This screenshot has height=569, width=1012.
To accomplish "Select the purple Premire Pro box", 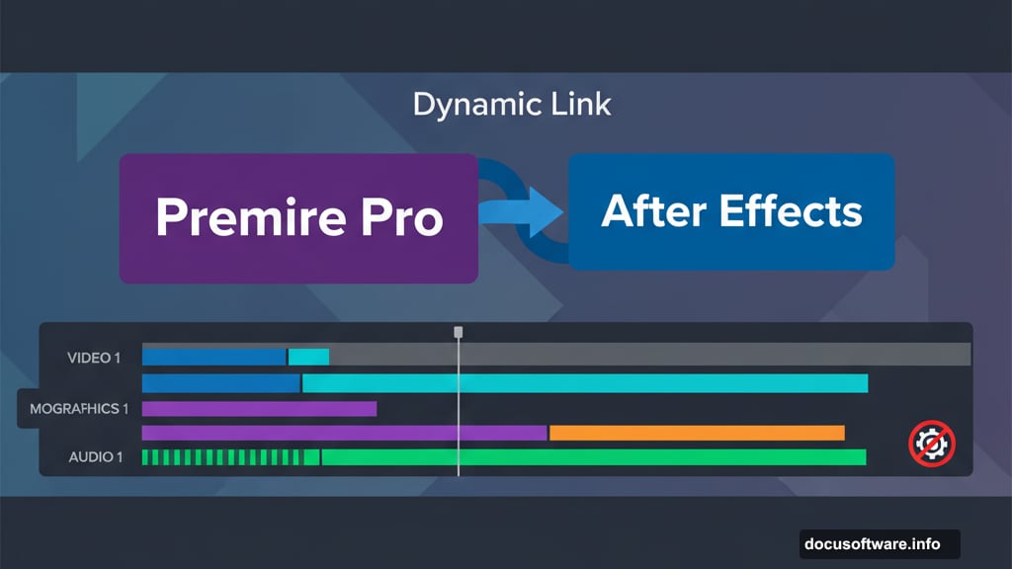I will click(298, 218).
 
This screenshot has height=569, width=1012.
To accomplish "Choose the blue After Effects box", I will click(731, 211).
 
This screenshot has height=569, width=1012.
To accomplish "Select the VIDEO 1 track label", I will click(94, 358).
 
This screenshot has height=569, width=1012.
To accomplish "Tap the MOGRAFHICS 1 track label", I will click(79, 408).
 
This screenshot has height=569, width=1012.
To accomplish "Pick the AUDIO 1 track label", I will click(96, 457).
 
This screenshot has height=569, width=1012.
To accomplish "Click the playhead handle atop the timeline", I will click(458, 333).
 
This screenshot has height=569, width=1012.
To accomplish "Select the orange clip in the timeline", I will click(697, 433).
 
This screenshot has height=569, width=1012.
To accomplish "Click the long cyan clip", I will click(584, 383).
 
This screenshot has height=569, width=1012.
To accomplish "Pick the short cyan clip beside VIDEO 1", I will click(308, 357).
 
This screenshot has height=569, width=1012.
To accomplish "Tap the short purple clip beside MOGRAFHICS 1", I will click(259, 408).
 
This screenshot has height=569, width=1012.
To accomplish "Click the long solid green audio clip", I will click(593, 457).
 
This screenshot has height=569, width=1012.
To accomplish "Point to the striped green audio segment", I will click(222, 457).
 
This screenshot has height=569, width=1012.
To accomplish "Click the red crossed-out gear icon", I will click(931, 444).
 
